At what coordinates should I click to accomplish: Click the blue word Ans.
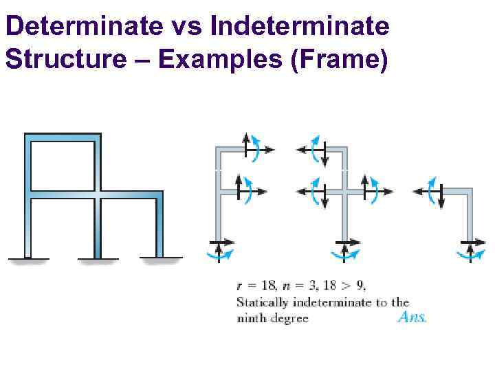click(412, 317)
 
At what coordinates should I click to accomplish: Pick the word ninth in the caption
click(252, 318)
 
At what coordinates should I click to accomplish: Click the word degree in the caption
click(290, 318)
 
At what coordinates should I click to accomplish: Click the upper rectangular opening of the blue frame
click(63, 165)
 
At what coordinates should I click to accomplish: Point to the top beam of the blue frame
click(63, 137)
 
